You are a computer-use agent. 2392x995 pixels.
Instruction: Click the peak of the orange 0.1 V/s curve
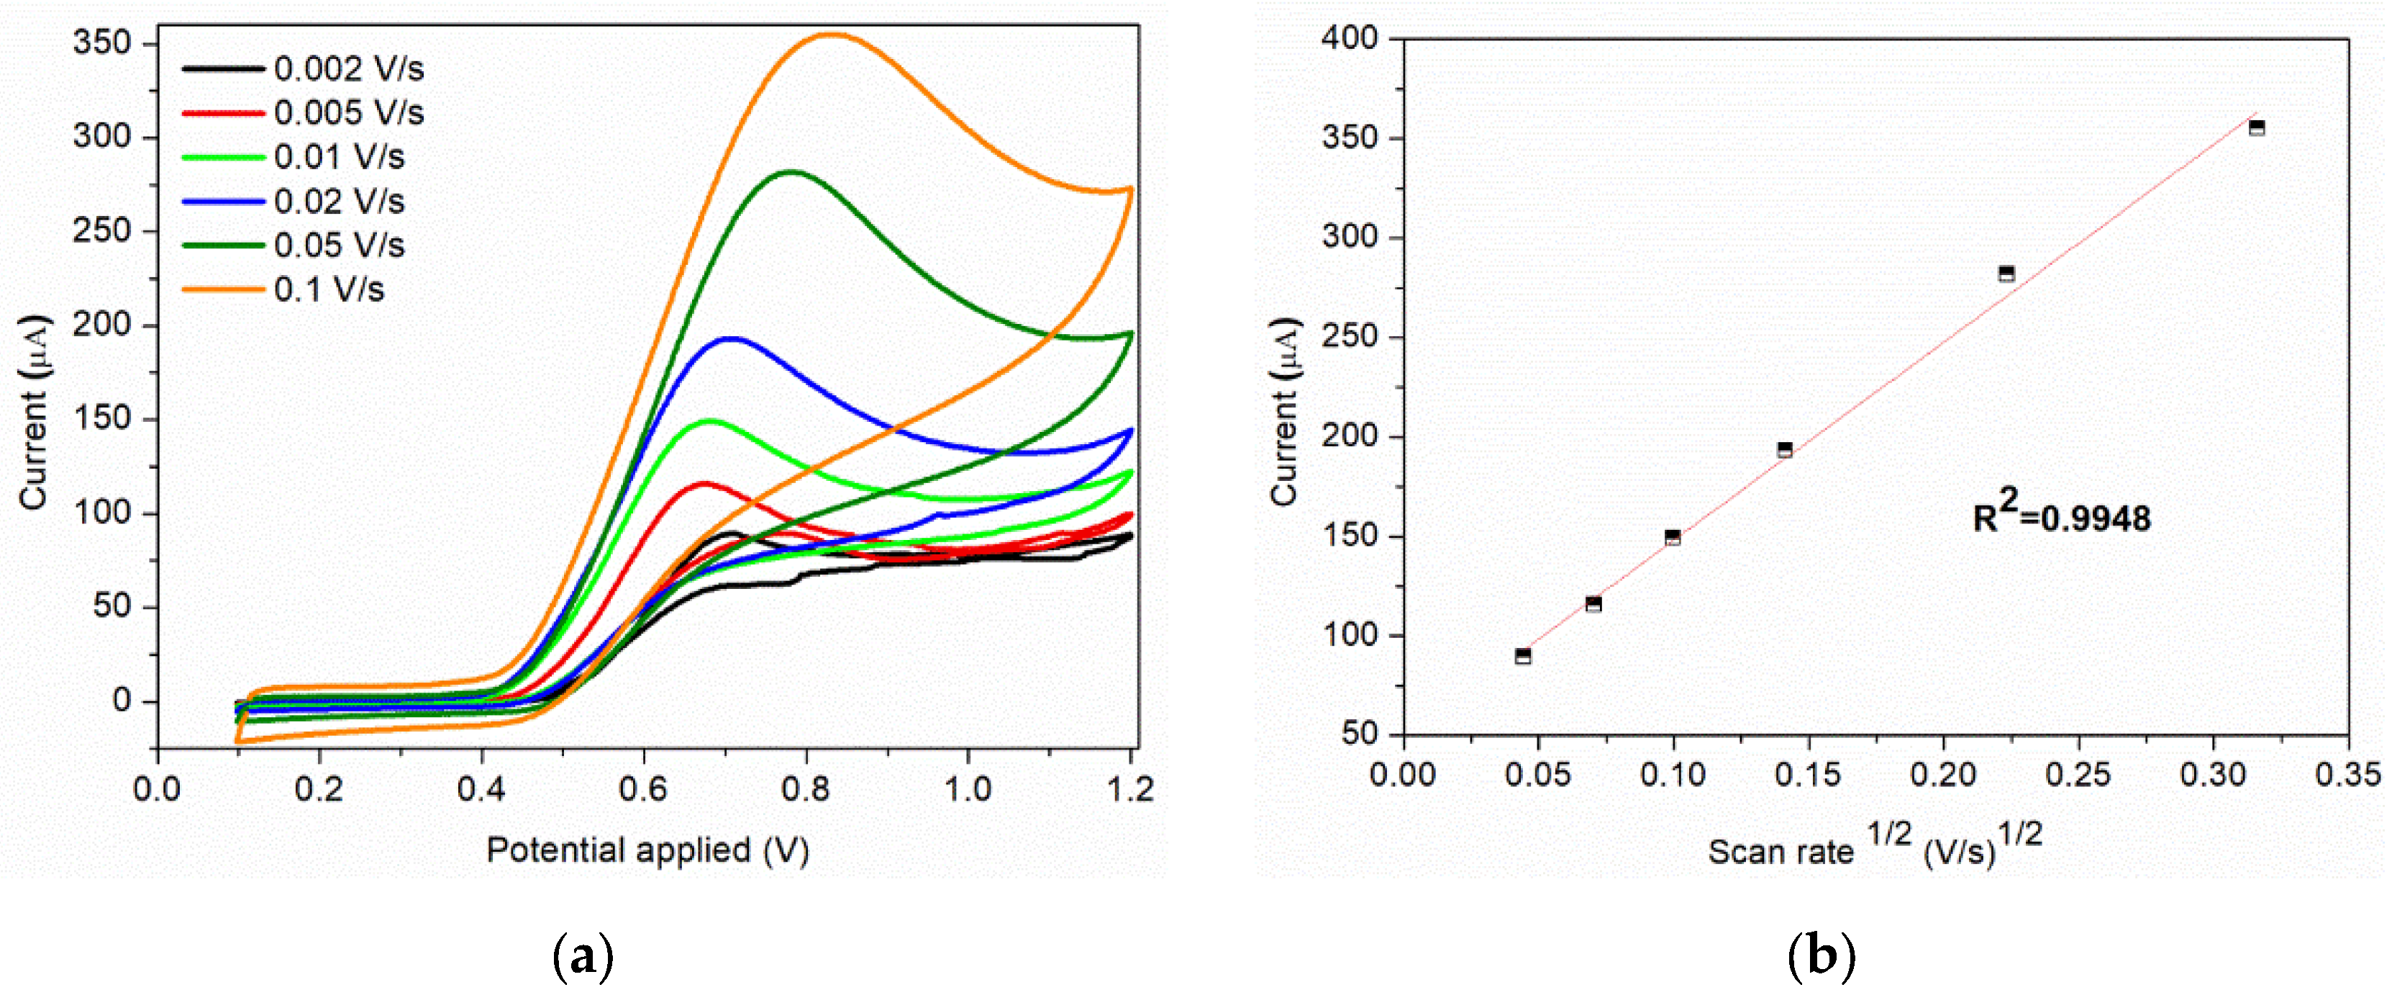pyautogui.click(x=829, y=35)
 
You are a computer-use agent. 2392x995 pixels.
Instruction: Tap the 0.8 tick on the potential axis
pyautogui.click(x=806, y=789)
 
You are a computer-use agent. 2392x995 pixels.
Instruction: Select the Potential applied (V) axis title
pyautogui.click(x=647, y=849)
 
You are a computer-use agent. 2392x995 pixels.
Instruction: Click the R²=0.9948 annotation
pyautogui.click(x=2060, y=515)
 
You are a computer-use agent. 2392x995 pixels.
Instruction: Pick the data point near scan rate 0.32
pyautogui.click(x=2257, y=127)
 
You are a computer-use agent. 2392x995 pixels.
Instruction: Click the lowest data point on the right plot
pyautogui.click(x=1523, y=656)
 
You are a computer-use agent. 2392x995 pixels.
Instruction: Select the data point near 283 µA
pyautogui.click(x=2006, y=273)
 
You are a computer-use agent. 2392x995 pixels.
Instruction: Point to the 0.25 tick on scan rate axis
pyautogui.click(x=2078, y=774)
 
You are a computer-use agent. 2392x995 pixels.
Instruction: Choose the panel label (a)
pyautogui.click(x=582, y=956)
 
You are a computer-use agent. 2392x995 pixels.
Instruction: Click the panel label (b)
pyautogui.click(x=1821, y=956)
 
